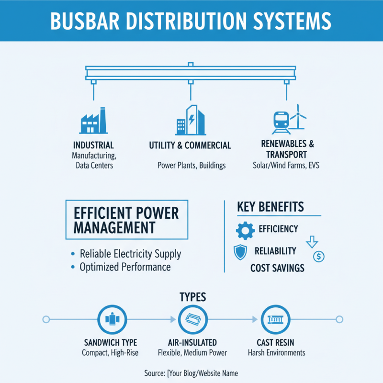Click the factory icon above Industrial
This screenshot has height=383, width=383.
coord(92,121)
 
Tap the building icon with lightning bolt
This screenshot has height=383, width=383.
coord(190,120)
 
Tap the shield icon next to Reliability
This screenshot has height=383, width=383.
coord(240,252)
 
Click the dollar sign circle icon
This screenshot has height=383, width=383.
coord(318,256)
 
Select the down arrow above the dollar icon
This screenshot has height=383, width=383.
coord(312,241)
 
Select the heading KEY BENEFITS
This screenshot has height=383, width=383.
coord(270,207)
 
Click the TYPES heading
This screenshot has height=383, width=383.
coord(192,297)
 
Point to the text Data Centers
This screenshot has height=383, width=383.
coord(93,166)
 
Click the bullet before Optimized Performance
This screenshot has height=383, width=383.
coord(73,267)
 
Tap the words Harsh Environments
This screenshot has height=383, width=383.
coord(276,353)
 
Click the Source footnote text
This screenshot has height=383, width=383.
coord(191,373)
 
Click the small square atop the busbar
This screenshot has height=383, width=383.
coord(191,64)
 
